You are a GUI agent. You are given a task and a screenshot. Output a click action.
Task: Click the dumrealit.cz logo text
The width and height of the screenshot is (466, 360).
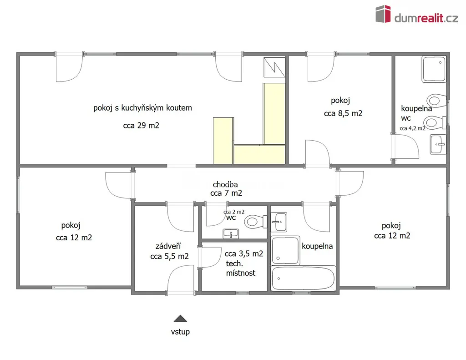click(426, 18)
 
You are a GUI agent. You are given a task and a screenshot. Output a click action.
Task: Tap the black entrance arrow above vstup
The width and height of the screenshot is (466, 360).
click(180, 319)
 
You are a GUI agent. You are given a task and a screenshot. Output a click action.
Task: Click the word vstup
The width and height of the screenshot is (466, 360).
click(180, 331)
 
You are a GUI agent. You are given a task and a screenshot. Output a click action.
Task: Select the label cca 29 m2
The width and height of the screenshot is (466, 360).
click(141, 126)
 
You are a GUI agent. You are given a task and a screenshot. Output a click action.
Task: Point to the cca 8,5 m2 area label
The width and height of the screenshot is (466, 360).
click(343, 113)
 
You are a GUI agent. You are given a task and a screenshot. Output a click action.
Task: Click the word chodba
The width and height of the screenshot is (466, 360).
click(225, 185)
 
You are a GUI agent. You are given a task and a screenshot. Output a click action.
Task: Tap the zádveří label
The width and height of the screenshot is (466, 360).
click(168, 246)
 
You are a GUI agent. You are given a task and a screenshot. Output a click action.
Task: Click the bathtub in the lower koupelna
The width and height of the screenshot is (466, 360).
click(303, 278)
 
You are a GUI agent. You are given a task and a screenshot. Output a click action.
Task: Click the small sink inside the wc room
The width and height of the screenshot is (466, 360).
click(231, 233)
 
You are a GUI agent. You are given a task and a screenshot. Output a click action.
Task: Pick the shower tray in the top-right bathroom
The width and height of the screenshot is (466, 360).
click(434, 69)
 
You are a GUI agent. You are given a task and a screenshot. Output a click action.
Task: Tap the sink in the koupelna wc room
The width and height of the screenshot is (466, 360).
click(438, 144)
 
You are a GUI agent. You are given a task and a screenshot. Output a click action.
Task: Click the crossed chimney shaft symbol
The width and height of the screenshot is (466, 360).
click(274, 67)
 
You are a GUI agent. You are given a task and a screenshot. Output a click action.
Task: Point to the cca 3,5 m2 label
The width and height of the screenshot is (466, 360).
click(244, 254)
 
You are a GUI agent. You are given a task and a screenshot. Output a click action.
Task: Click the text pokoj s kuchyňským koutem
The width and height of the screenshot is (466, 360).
click(142, 108)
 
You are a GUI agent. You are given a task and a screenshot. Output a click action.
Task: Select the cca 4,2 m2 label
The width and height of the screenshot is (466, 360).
click(412, 128)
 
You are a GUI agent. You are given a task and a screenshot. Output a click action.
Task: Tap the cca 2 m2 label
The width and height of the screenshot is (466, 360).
click(234, 212)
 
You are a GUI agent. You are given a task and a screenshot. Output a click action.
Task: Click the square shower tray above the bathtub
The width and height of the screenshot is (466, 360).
click(285, 251)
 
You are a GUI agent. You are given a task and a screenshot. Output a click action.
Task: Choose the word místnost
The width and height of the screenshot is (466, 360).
click(241, 273)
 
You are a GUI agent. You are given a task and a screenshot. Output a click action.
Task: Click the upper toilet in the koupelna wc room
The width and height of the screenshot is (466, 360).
click(436, 100)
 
